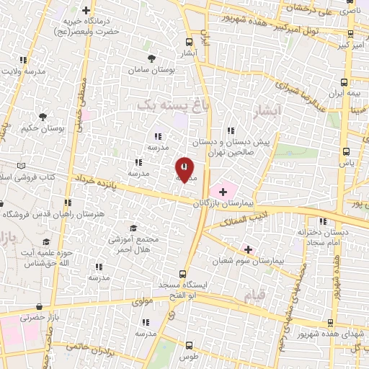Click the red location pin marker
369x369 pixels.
(184, 169)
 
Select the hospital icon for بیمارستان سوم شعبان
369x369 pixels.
(249, 248)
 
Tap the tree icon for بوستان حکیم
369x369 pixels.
(43, 116)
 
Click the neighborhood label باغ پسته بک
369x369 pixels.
(167, 105)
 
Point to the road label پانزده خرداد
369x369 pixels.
(94, 180)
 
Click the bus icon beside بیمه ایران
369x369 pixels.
(344, 82)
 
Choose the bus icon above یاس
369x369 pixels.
(347, 151)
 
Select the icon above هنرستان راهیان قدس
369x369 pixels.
(68, 203)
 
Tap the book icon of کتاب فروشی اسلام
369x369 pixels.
(21, 166)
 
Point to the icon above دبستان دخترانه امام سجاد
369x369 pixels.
(323, 221)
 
